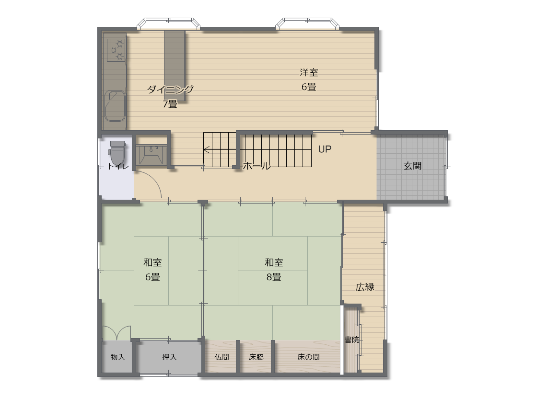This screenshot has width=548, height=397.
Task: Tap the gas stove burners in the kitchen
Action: [117, 50]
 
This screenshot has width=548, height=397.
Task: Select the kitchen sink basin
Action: [116, 105]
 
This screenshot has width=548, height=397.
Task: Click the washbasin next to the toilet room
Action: [151, 154]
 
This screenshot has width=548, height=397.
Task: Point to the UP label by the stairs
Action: [325, 149]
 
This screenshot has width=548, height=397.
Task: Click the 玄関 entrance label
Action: [412, 166]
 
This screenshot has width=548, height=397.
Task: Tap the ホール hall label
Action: [257, 166]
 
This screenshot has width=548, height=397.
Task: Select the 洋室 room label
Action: [309, 72]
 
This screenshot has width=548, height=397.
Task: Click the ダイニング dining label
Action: [170, 90]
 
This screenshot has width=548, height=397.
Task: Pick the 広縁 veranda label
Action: [365, 287]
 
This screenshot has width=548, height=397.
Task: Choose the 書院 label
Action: [351, 340]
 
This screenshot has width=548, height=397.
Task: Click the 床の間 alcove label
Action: [308, 357]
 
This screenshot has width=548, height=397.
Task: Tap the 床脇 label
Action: [256, 357]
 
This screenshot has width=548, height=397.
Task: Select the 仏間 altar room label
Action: [222, 357]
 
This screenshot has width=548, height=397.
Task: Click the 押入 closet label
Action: [169, 357]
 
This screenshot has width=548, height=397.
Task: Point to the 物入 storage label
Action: [117, 357]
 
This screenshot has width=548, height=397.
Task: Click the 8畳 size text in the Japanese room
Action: [274, 277]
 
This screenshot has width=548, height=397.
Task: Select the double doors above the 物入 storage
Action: [117, 333]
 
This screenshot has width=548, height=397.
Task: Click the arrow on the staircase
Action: [207, 150]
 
